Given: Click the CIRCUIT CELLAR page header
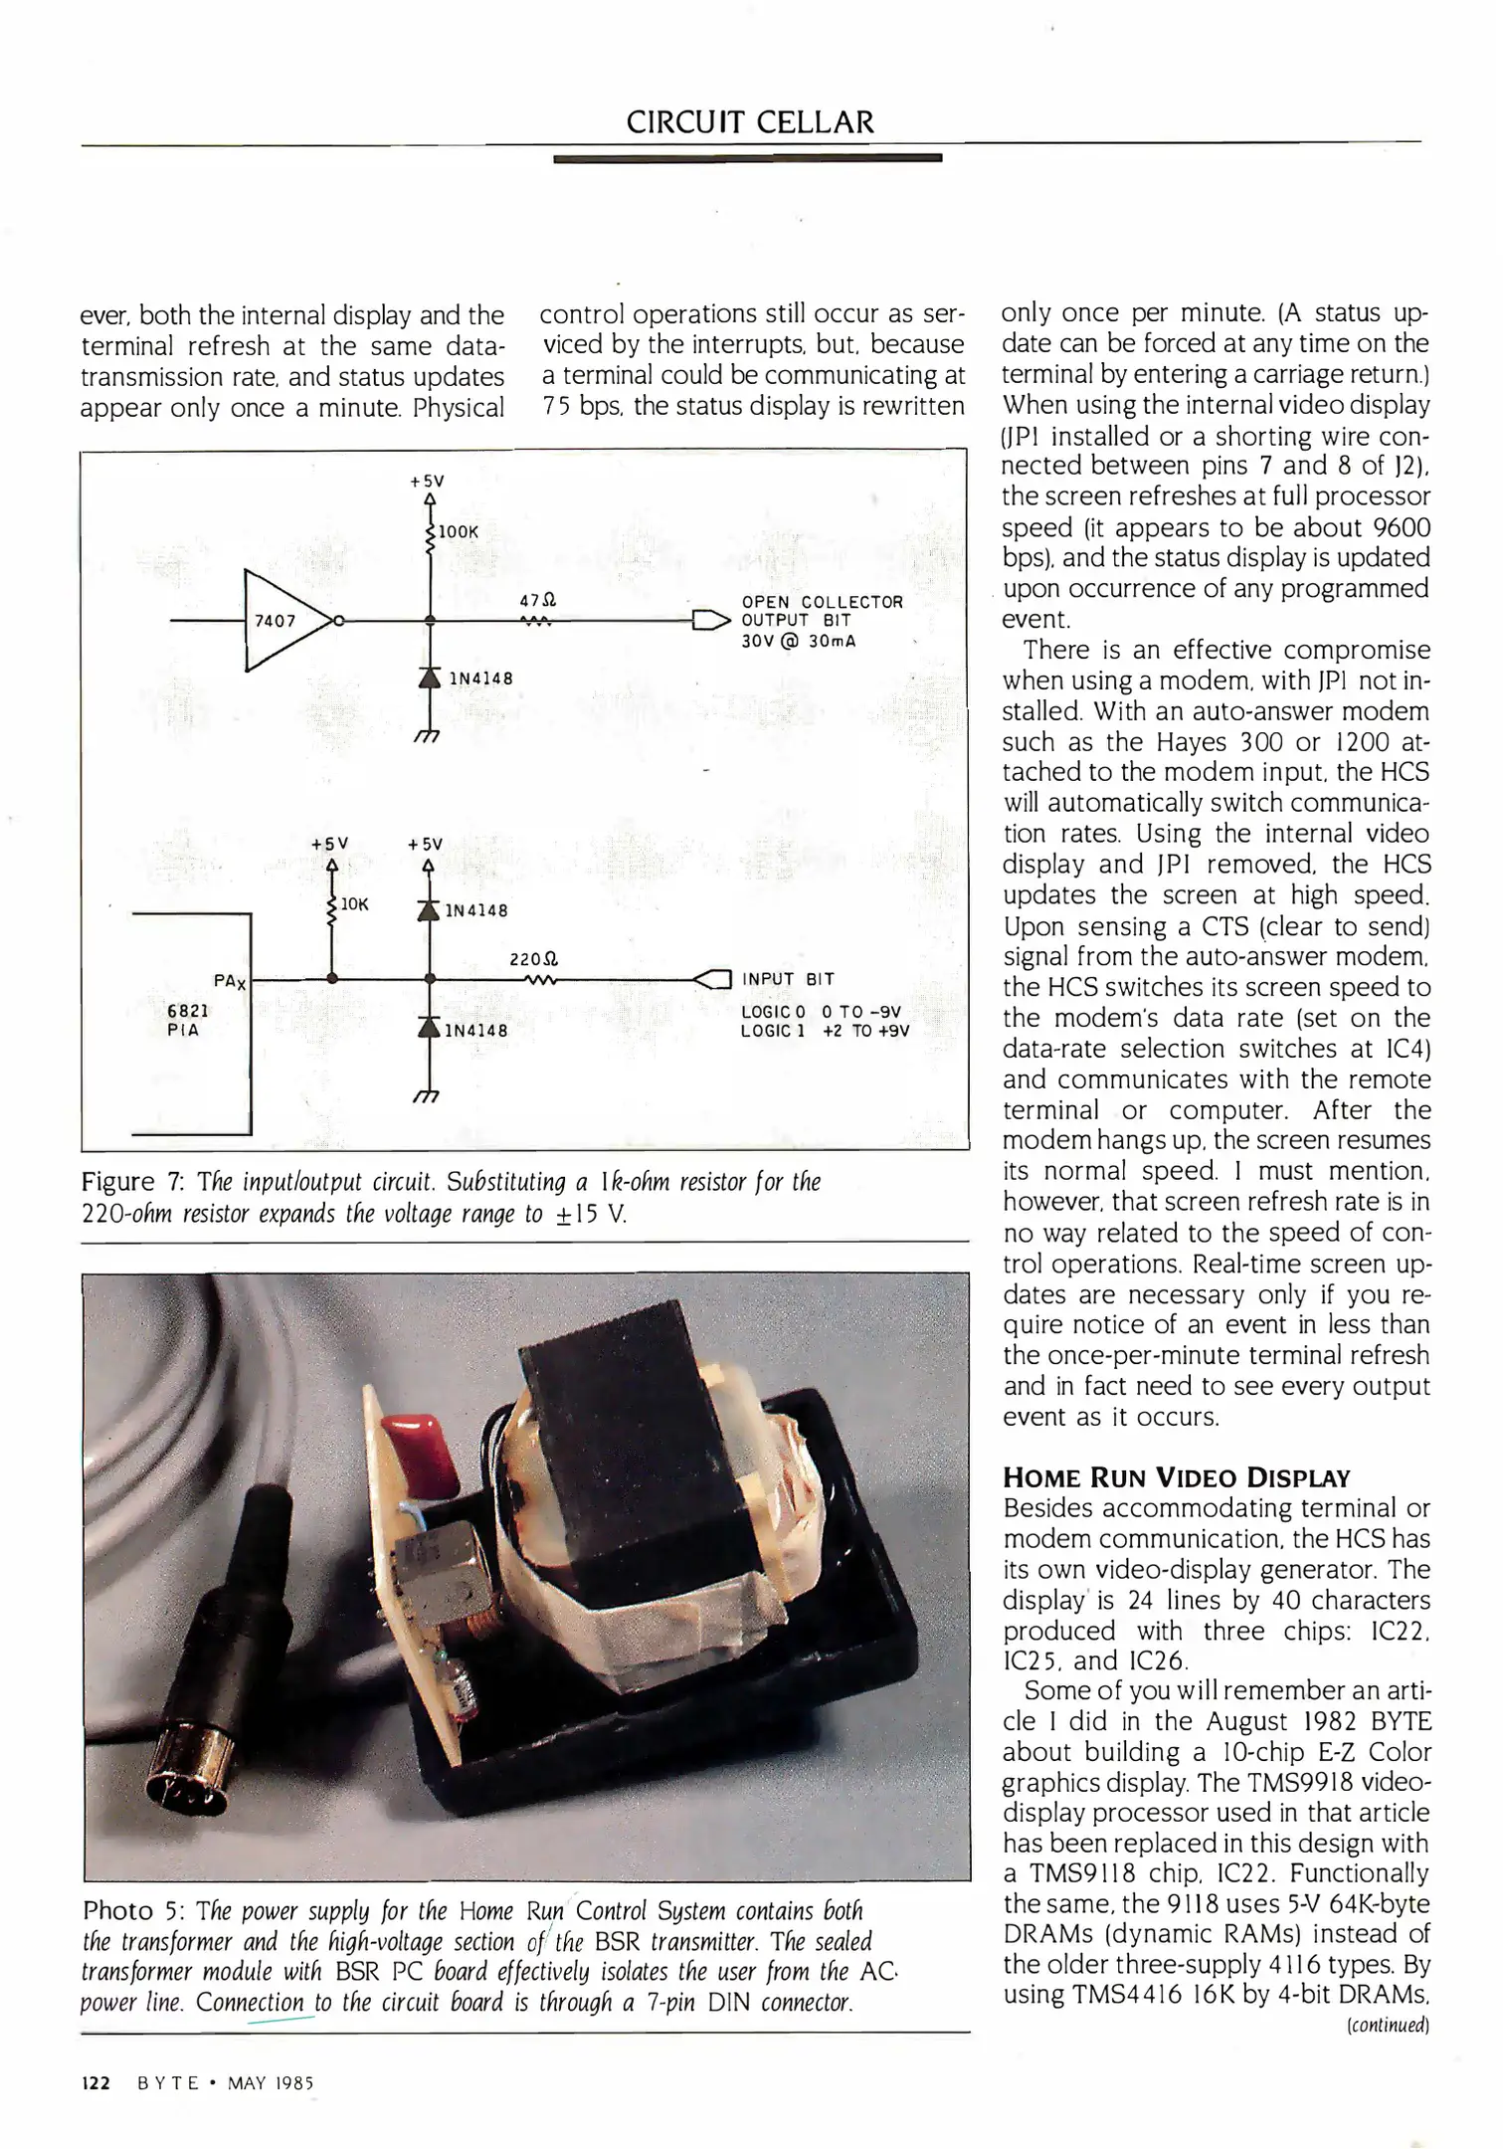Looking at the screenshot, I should click(750, 122).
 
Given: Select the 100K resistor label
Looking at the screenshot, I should click(459, 532).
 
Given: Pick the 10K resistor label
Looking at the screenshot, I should click(355, 904).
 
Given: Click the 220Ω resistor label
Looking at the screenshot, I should click(534, 960).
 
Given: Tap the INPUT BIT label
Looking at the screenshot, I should click(788, 979).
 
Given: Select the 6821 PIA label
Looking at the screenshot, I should click(187, 1020).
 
